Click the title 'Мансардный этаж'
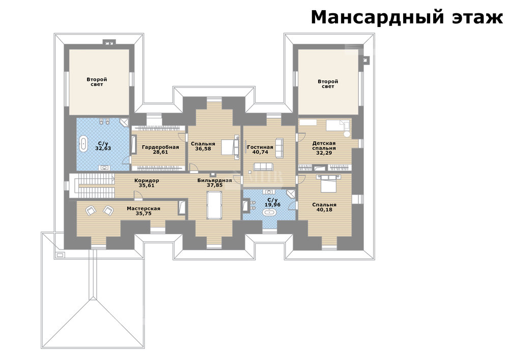point(407,17)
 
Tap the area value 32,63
point(103,148)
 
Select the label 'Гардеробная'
point(160,147)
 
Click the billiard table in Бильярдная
point(214,205)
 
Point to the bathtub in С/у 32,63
point(84,144)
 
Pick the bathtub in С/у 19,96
point(269,213)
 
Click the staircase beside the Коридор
point(96,186)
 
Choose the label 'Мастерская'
point(144,209)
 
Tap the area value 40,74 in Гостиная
point(260,152)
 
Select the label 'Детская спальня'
point(324,146)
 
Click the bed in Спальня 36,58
point(230,147)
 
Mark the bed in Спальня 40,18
point(331,182)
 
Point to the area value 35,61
point(147,186)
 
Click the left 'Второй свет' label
point(97,82)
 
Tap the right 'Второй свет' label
point(328,84)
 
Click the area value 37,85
point(215,185)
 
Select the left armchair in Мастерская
point(91,211)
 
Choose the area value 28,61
point(160,152)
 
